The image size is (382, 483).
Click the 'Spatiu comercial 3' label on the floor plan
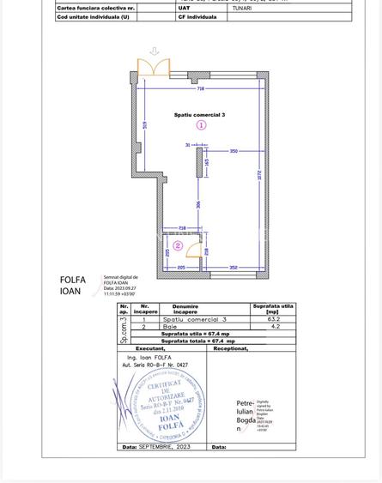pyautogui.click(x=199, y=114)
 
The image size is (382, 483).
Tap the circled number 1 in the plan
pyautogui.click(x=201, y=125)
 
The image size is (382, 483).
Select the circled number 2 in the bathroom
pyautogui.click(x=178, y=245)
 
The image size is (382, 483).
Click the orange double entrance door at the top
pyautogui.click(x=154, y=68)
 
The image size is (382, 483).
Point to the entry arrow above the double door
pyautogui.click(x=154, y=51)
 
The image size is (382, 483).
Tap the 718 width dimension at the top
pyautogui.click(x=200, y=88)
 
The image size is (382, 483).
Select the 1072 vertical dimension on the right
pyautogui.click(x=258, y=175)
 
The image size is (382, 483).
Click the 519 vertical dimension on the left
pyautogui.click(x=147, y=125)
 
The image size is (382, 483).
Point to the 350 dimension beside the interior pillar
pyautogui.click(x=233, y=151)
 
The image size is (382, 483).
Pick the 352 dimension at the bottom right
pyautogui.click(x=233, y=268)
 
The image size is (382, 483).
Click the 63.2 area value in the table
pyautogui.click(x=273, y=318)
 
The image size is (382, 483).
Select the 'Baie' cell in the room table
pyautogui.click(x=169, y=326)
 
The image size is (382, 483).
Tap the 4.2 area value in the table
pyautogui.click(x=273, y=326)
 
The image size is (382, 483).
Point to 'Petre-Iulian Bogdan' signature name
pyautogui.click(x=245, y=413)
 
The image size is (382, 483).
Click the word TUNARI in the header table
pyautogui.click(x=242, y=8)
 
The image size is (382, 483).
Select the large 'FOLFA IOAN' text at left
pyautogui.click(x=73, y=285)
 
